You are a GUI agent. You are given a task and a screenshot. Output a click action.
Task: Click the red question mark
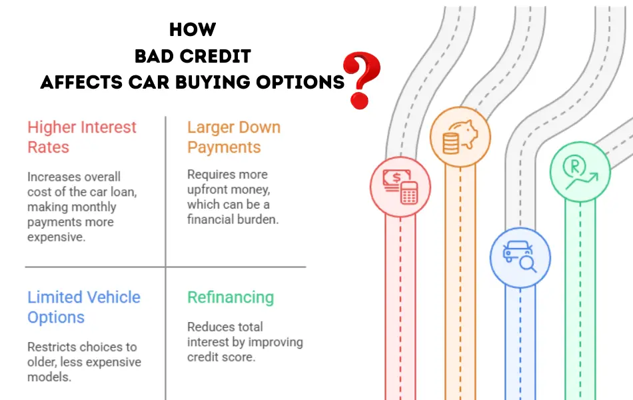(361, 80)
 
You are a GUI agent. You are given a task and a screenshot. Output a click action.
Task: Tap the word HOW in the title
(193, 29)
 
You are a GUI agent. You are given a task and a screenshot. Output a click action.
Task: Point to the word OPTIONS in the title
(301, 82)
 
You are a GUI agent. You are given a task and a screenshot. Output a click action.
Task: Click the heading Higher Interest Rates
(82, 137)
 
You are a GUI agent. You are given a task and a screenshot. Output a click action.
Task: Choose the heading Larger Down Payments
(234, 137)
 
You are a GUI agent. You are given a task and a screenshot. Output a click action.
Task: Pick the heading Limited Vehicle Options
(84, 307)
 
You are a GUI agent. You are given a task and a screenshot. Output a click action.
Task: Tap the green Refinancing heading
(231, 297)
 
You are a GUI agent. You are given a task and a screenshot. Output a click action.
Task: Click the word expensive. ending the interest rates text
(57, 237)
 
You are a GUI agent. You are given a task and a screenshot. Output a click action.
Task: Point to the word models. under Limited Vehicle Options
(49, 377)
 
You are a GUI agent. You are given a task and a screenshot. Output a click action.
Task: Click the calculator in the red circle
(409, 193)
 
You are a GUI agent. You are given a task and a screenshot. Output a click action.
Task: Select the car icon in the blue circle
(517, 251)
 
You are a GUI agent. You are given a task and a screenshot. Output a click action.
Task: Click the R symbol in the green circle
(574, 165)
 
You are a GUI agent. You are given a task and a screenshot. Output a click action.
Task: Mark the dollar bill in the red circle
(396, 179)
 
